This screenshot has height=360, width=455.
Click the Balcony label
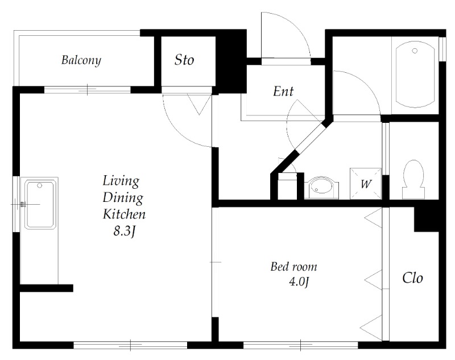[81, 60]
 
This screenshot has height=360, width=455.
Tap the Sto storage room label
[184, 60]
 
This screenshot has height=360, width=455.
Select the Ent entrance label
[283, 92]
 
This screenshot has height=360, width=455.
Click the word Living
[121, 181]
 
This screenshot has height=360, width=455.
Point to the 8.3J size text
[124, 231]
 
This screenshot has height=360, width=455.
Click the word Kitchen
[124, 214]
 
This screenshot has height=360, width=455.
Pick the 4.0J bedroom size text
[299, 282]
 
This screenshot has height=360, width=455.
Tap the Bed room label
[293, 267]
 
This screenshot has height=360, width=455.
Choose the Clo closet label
[412, 278]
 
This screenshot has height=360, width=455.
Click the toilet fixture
[413, 179]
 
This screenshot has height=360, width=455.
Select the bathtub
[415, 75]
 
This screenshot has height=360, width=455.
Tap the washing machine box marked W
[366, 183]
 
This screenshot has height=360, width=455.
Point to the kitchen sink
[40, 205]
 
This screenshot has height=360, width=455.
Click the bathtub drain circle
[415, 51]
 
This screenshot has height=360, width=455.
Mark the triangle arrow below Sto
[199, 105]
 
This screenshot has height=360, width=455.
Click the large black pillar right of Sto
[231, 61]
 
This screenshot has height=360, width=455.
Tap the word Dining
[123, 197]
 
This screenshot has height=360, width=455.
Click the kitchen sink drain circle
[40, 185]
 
